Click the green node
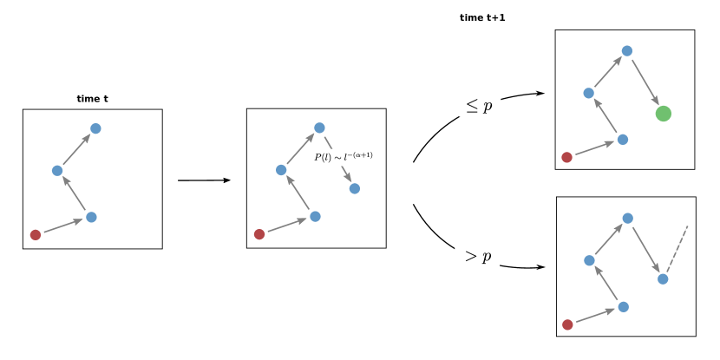click(663, 114)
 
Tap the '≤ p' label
click(480, 107)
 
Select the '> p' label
click(478, 257)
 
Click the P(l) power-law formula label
click(345, 157)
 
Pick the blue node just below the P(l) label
click(354, 188)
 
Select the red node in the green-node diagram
click(566, 157)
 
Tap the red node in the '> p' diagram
click(567, 324)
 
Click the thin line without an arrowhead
click(677, 251)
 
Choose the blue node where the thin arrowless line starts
click(663, 278)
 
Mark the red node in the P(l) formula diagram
click(259, 234)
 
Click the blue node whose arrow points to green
click(627, 50)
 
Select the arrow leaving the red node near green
click(594, 148)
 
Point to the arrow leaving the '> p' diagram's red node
click(595, 316)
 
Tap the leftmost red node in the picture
click(35, 234)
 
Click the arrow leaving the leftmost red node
click(62, 226)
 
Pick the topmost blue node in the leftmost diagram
click(95, 128)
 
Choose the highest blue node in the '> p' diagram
click(627, 218)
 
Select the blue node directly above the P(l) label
click(319, 128)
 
